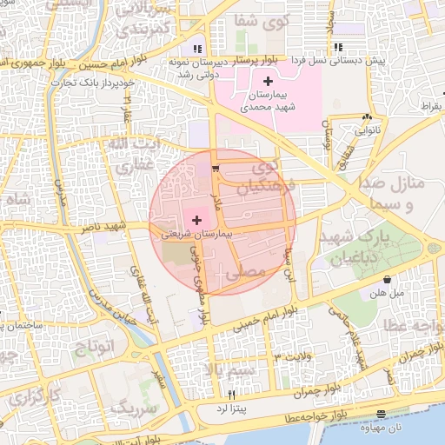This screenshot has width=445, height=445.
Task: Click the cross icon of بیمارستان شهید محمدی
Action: coord(267,80)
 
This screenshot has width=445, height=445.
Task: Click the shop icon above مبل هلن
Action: coord(387,280)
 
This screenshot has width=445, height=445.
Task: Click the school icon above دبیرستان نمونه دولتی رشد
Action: coord(198,49)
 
